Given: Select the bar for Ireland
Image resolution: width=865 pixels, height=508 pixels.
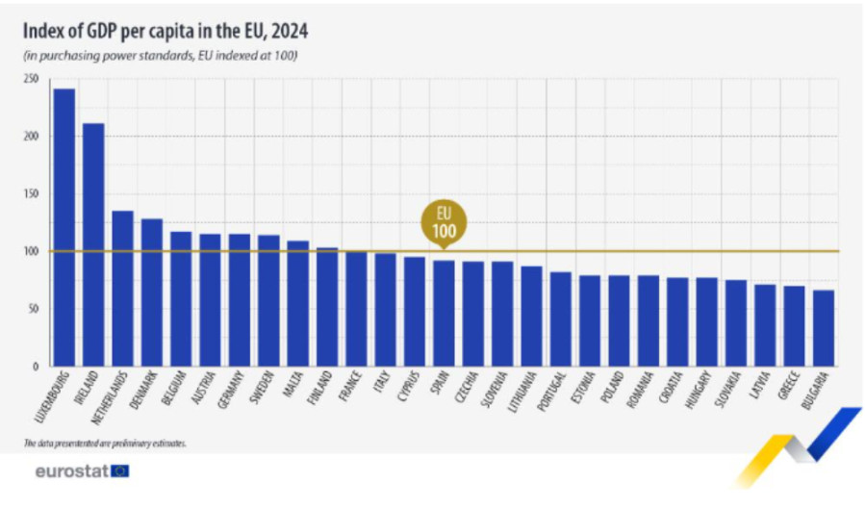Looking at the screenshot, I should [94, 244].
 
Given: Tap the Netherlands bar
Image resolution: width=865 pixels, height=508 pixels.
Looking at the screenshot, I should [123, 289].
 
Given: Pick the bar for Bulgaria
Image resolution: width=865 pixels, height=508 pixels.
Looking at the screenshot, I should [824, 328].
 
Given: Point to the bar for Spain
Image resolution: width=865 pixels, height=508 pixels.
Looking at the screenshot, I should [444, 314].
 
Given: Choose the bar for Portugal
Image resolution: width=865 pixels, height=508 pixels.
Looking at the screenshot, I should [560, 318].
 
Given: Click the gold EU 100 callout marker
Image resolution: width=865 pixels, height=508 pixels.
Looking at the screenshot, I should [444, 222].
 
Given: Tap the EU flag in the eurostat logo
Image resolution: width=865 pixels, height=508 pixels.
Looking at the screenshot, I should [120, 471].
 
